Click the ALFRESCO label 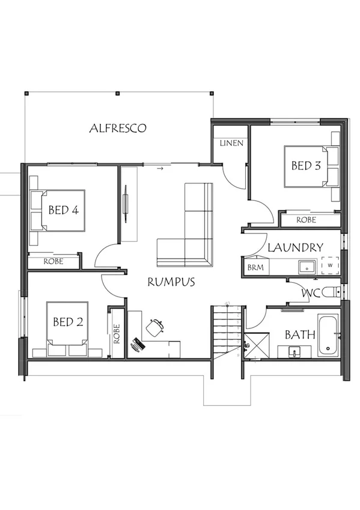pyautogui.click(x=118, y=128)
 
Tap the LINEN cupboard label pyautogui.click(x=231, y=143)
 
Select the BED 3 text pyautogui.click(x=305, y=166)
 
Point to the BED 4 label pyautogui.click(x=64, y=210)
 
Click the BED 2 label pyautogui.click(x=67, y=322)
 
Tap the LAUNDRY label pyautogui.click(x=295, y=247)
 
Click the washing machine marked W pyautogui.click(x=330, y=265)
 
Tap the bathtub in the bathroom pyautogui.click(x=328, y=335)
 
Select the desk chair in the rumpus pyautogui.click(x=155, y=327)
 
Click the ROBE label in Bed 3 pyautogui.click(x=306, y=220)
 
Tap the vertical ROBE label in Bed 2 pyautogui.click(x=117, y=334)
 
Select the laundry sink pyautogui.click(x=307, y=265)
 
